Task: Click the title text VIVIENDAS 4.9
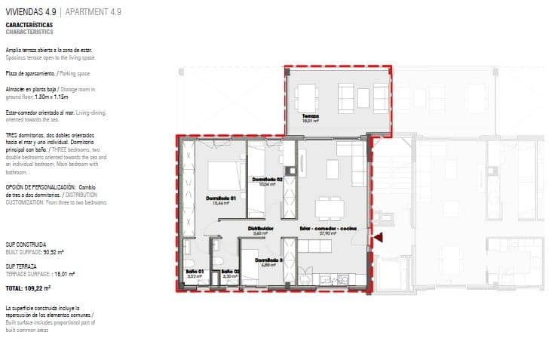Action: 31,12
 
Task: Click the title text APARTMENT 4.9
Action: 94,12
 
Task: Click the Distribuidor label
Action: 260,228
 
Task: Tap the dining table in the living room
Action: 329,205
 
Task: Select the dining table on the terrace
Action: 306,96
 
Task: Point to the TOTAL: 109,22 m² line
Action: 28,288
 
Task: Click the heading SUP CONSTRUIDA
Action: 26,245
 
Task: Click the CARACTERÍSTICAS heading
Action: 29,25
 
